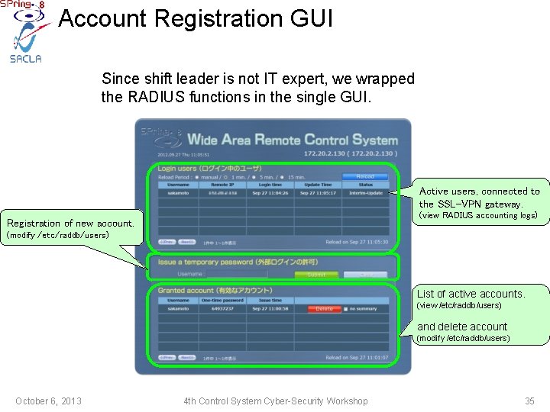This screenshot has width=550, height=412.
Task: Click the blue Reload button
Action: [x=364, y=176]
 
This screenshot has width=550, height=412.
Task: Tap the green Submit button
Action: [x=316, y=275]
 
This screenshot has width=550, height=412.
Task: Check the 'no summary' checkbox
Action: [x=345, y=309]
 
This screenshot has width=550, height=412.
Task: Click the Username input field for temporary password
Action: [x=237, y=274]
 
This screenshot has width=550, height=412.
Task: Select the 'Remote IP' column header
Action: [x=222, y=185]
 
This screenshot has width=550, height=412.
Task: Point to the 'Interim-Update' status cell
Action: [x=365, y=193]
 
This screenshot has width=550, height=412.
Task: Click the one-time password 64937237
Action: [x=222, y=309]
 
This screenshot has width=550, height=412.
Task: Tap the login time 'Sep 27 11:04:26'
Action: [x=270, y=193]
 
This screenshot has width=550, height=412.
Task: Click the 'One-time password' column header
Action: [x=222, y=301]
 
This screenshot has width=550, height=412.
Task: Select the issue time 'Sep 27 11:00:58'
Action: [x=270, y=309]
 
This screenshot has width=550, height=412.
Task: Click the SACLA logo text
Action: [x=26, y=58]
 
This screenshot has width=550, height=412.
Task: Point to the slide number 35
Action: [x=529, y=401]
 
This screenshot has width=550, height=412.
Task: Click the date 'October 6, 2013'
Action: [x=48, y=401]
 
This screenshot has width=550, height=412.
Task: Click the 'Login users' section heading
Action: [x=209, y=168]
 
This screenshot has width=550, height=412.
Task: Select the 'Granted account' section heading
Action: [x=215, y=290]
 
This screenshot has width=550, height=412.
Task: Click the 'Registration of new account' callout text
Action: [x=70, y=223]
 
